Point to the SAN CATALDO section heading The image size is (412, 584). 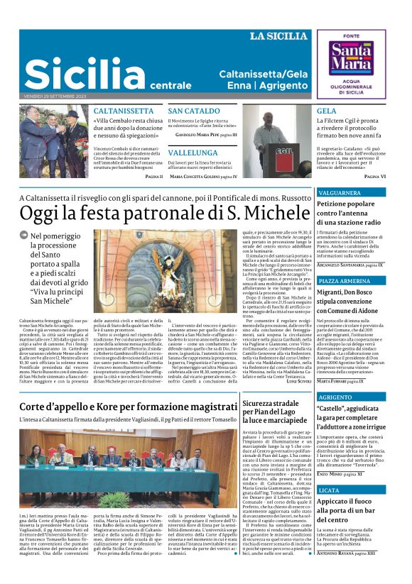click(x=194, y=111)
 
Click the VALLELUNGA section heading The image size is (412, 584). click(x=193, y=153)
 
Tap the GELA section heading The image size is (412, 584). click(x=326, y=111)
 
